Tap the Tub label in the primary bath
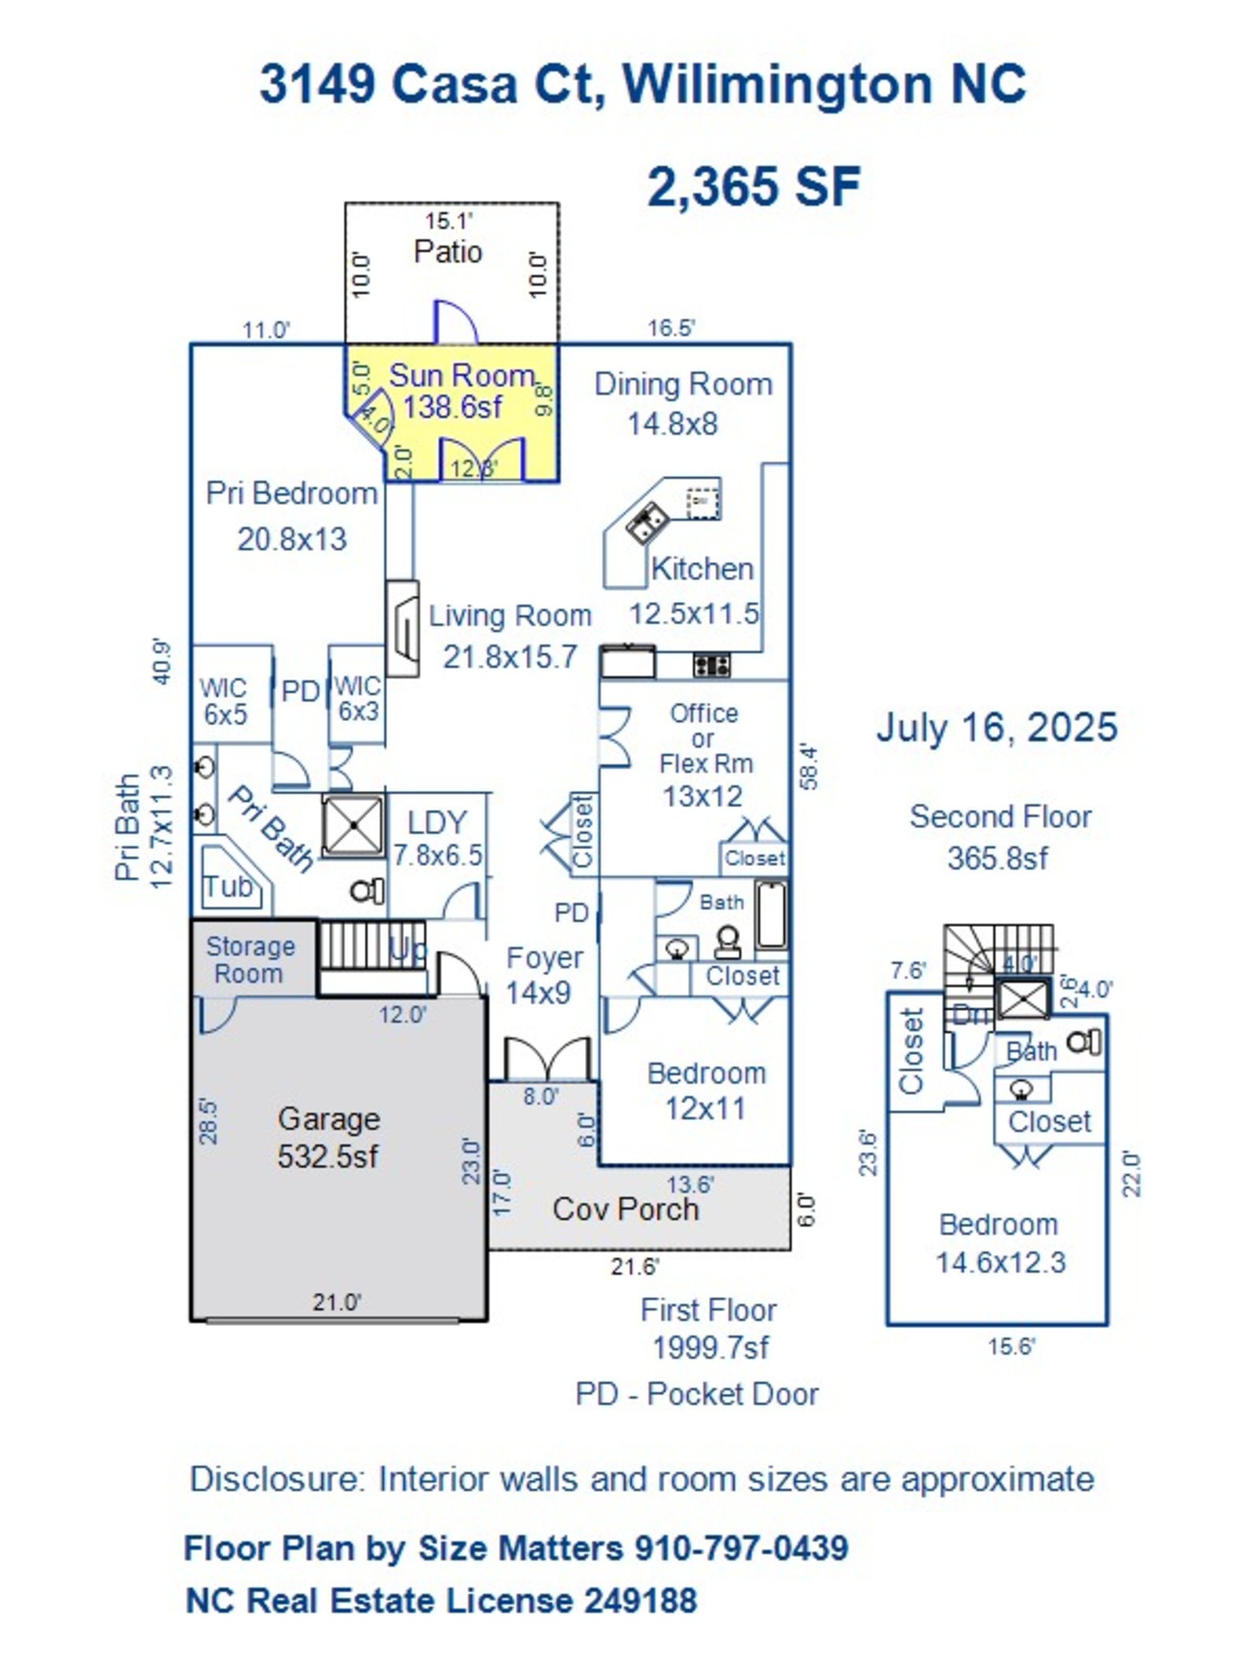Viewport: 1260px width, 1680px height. (x=228, y=886)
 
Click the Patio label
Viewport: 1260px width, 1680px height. (x=447, y=252)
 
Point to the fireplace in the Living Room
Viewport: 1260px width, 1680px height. (x=402, y=629)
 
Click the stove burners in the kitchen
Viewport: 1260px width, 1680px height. (x=711, y=666)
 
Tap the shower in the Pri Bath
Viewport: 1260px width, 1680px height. (x=354, y=825)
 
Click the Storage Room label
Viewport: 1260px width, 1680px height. (x=250, y=959)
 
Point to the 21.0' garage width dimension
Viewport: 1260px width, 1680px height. (x=336, y=1302)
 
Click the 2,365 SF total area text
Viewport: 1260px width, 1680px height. (x=753, y=187)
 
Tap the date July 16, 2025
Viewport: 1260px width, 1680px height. (x=996, y=726)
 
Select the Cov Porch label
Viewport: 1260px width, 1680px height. (x=625, y=1209)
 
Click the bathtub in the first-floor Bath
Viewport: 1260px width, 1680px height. (x=771, y=914)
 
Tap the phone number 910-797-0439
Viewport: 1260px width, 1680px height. (x=741, y=1548)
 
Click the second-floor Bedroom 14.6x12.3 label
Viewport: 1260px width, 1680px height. (x=999, y=1244)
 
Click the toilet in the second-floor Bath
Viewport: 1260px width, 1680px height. (x=1085, y=1043)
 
